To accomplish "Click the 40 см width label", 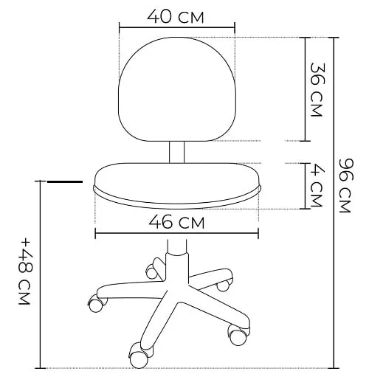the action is point(176,16).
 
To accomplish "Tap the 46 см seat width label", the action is point(176,221).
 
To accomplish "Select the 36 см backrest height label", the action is point(317,89).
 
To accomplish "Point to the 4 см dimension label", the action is point(317,187).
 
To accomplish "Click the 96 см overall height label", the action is point(346,185).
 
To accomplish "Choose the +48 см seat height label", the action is point(25,271).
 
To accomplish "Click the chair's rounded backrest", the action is point(177,89).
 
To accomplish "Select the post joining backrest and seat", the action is point(176,152).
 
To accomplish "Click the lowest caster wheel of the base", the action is point(138,358).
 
